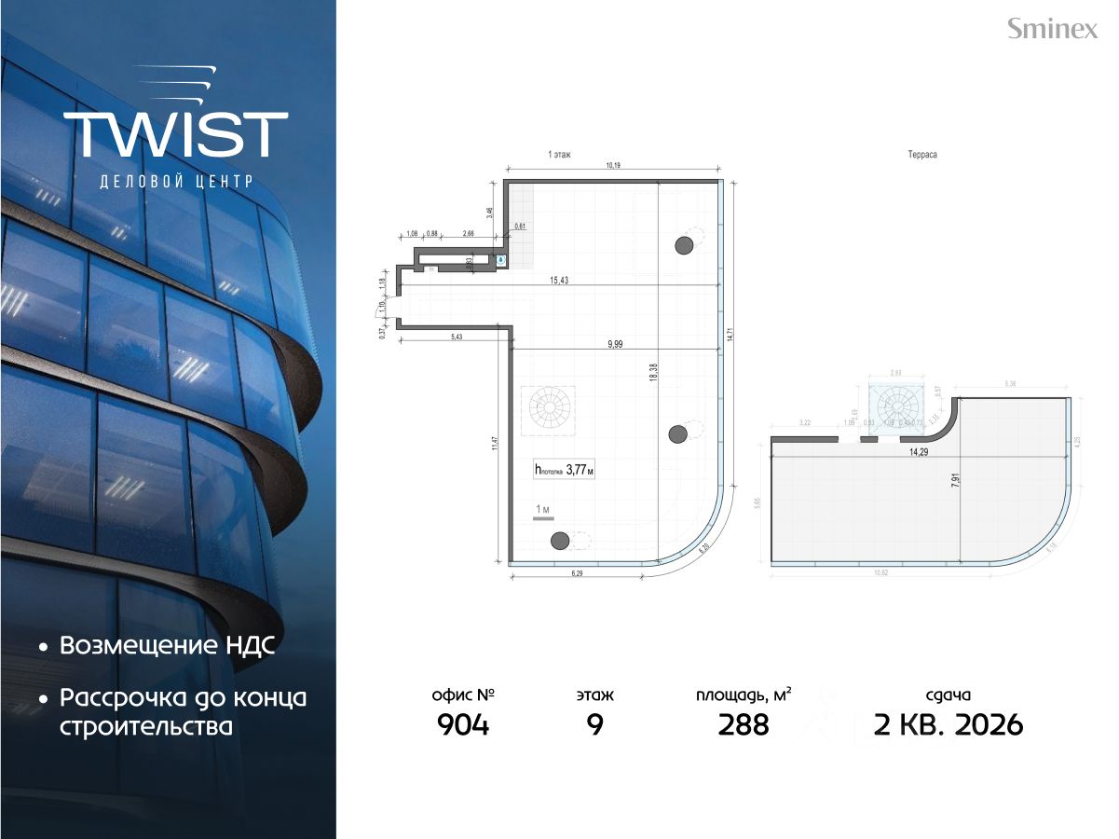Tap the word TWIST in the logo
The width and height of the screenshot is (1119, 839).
coord(176,134)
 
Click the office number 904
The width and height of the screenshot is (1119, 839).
coord(462,724)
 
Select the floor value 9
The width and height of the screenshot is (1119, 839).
coord(594,724)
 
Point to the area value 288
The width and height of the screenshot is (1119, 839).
coord(744,724)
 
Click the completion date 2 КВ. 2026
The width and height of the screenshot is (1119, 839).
coord(948,724)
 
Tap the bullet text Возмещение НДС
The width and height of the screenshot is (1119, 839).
coord(168,646)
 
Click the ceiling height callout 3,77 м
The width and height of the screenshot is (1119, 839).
coord(565,471)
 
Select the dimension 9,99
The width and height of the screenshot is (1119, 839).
coord(615,343)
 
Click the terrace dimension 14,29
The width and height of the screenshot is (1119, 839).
coord(918,452)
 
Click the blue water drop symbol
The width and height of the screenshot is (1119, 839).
coord(501,261)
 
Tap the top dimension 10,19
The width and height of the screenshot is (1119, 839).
coord(612,166)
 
